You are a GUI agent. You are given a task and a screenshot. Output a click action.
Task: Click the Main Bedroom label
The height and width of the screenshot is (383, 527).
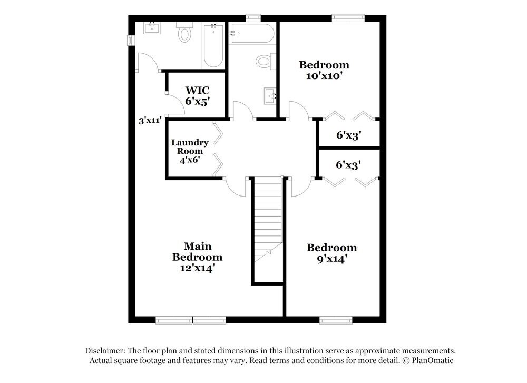(198, 252)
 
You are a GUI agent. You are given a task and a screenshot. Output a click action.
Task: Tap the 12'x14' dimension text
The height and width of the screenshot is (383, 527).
(198, 268)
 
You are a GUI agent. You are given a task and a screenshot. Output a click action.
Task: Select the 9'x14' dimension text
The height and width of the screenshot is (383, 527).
(331, 259)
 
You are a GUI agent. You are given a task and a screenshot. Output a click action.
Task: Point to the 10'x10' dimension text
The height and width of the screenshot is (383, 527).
(324, 75)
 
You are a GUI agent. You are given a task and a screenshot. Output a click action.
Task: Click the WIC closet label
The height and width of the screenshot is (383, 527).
(197, 90)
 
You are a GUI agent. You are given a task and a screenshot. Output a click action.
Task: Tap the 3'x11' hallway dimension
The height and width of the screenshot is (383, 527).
(150, 121)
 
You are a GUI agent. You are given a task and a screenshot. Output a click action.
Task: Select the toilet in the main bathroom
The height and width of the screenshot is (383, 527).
(184, 33)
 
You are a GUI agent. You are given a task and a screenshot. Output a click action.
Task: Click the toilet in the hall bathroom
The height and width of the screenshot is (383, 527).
(264, 62)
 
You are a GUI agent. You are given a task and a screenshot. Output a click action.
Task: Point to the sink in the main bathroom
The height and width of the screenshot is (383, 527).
(152, 27)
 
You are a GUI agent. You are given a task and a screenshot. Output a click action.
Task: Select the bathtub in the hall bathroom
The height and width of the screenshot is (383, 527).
(251, 33)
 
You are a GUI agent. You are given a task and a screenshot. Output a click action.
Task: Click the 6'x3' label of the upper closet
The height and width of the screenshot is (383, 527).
(348, 135)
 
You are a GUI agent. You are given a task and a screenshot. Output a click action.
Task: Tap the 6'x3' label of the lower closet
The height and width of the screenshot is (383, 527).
(348, 165)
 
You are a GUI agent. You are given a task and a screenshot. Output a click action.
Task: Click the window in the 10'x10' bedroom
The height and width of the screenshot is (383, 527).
(348, 18)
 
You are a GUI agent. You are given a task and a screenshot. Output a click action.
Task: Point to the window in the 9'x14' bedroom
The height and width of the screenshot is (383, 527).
(336, 319)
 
